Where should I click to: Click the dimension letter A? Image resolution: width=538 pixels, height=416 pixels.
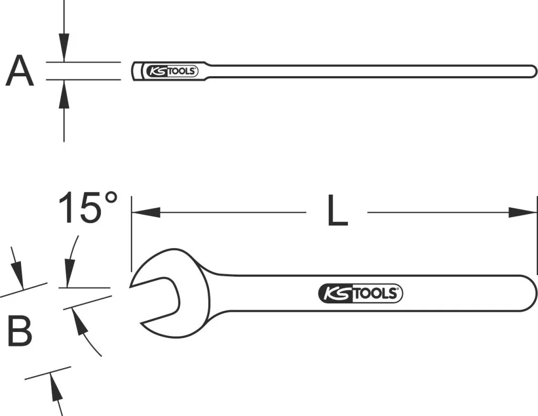pos(19,71)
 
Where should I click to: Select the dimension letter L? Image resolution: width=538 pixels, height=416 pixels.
pos(338,210)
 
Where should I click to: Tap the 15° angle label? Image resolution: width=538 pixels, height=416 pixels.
pos(88,208)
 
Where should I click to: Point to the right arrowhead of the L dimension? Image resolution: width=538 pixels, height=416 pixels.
pos(522,212)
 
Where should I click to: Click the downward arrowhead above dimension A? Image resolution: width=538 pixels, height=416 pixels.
pos(64,48)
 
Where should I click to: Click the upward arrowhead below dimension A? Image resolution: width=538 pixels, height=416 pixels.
pos(64,94)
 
